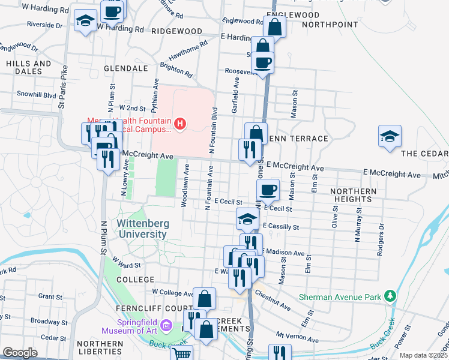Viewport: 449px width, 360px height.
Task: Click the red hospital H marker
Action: point(179,124)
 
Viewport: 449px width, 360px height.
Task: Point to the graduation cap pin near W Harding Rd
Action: point(85,20)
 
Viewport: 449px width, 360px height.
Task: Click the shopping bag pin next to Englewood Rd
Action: point(274,26)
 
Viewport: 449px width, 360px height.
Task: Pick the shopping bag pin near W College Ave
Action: point(204,298)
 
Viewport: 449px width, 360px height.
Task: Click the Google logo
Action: point(20,353)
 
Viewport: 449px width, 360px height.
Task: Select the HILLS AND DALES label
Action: point(29,67)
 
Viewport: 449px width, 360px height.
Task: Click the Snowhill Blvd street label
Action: point(36,94)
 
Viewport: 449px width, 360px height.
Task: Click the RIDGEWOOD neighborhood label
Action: point(176,31)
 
